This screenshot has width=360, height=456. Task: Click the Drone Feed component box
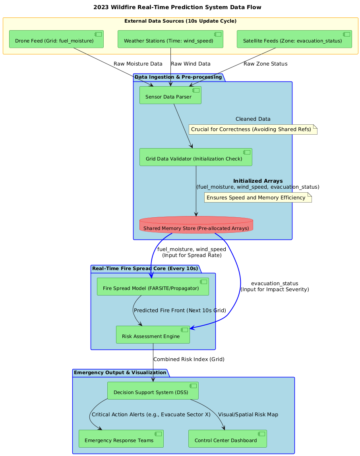56,39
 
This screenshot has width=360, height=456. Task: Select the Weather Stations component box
170,39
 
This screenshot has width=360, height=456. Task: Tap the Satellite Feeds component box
294,39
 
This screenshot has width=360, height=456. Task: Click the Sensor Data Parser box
170,95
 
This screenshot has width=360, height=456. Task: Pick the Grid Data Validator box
196,157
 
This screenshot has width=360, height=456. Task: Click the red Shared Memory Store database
196,225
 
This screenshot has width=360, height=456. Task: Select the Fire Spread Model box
153,286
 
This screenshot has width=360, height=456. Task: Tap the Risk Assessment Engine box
153,335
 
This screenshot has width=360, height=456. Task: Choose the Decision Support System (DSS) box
153,391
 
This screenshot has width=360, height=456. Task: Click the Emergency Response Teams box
121,439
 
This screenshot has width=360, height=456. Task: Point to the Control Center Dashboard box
228,439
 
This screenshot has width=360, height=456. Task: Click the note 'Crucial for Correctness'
253,129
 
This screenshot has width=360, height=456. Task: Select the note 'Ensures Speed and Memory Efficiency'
258,197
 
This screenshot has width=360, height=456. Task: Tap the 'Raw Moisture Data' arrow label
138,64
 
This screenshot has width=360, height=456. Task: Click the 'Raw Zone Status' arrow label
265,64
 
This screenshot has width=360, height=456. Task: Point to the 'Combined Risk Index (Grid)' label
189,359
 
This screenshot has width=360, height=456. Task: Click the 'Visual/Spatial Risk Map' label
248,414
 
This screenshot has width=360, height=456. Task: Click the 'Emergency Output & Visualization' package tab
120,373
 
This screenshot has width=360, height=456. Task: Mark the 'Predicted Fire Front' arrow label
180,310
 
